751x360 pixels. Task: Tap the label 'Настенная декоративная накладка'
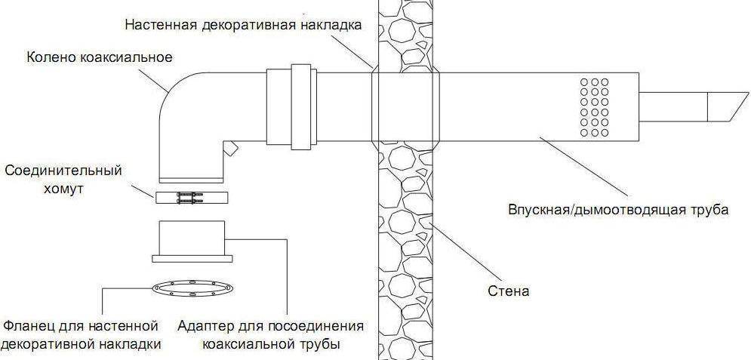(x=243, y=24)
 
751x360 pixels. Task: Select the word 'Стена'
(x=508, y=291)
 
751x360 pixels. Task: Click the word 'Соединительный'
(x=63, y=171)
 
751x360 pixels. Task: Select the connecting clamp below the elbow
(x=192, y=198)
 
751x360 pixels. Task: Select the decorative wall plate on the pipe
(x=405, y=106)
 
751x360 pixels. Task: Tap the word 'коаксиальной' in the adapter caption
(x=251, y=345)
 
